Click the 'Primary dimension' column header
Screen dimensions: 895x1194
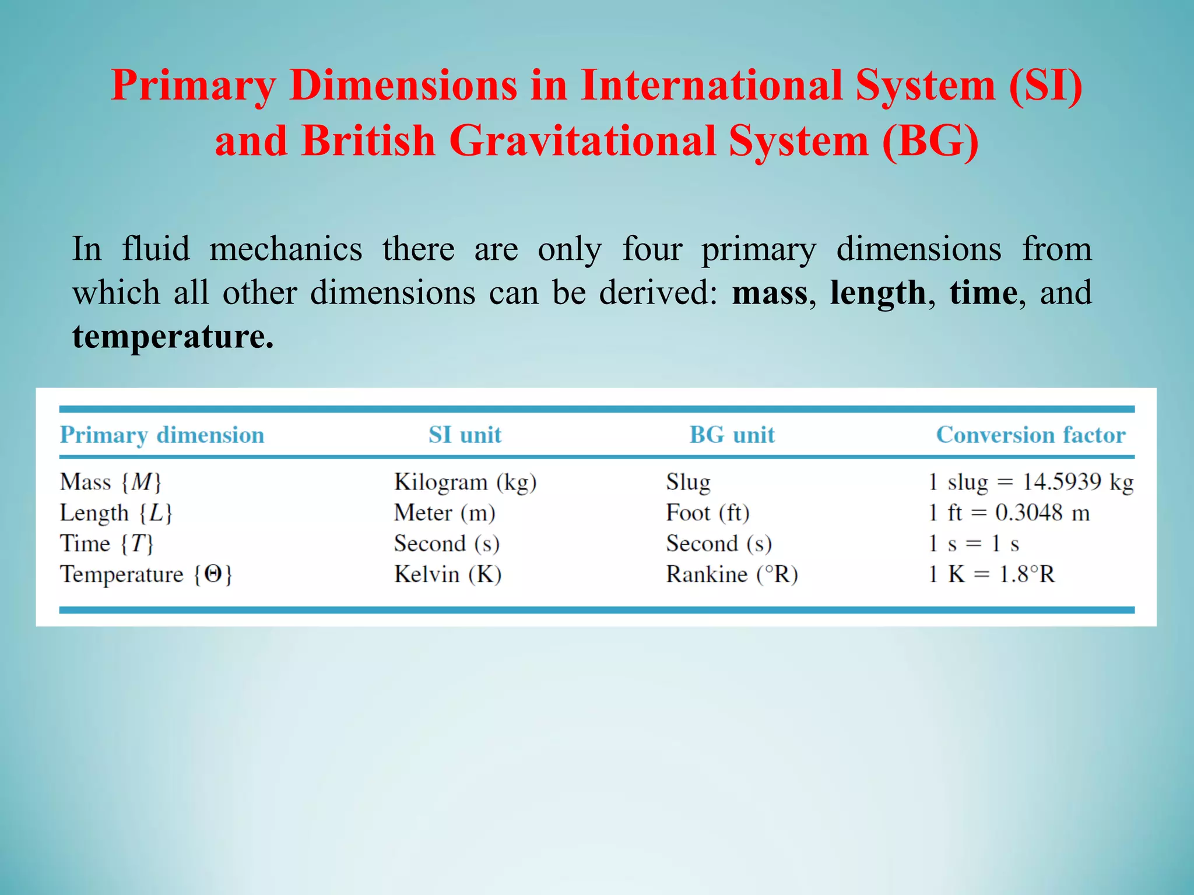(162, 435)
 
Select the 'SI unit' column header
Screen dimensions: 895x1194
(465, 435)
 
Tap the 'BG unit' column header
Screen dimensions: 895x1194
(732, 435)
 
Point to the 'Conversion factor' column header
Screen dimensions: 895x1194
(1030, 435)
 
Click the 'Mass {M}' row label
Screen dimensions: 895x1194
(110, 482)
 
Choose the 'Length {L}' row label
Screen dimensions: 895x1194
(116, 513)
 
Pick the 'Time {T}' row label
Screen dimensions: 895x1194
(107, 544)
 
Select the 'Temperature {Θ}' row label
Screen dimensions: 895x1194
(146, 575)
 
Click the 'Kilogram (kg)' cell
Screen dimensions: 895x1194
(465, 482)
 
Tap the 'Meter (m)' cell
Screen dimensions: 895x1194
(444, 513)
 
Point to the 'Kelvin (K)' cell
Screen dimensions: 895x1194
(447, 575)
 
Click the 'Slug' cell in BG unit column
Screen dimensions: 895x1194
(688, 482)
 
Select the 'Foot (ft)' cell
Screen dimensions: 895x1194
(707, 513)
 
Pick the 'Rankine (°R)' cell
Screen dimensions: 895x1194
(732, 575)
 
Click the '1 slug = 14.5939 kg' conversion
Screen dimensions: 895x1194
(1030, 482)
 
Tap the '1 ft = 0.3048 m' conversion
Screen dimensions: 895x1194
(1009, 513)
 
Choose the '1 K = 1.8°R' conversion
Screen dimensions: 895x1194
(991, 575)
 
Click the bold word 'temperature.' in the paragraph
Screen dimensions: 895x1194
(173, 337)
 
